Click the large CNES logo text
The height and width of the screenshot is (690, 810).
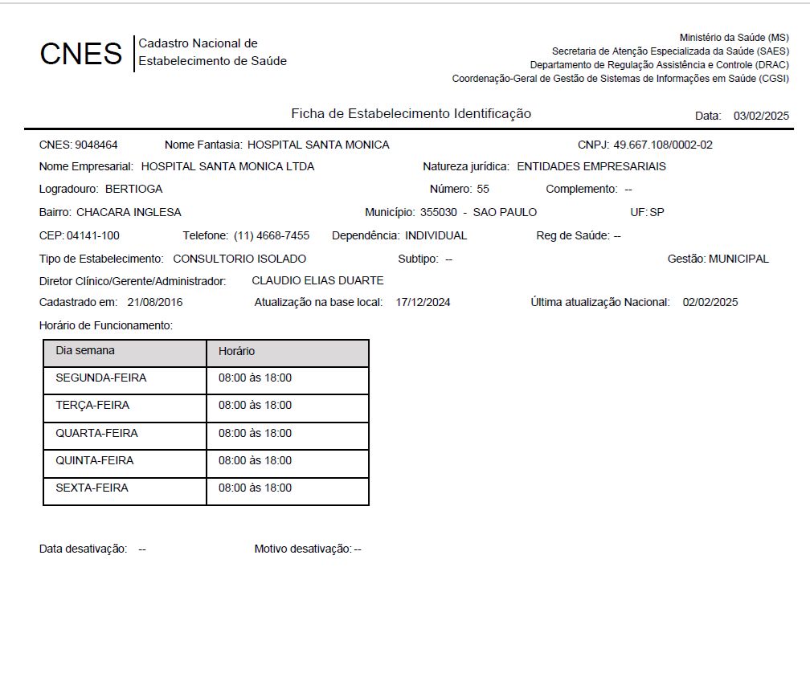click(80, 54)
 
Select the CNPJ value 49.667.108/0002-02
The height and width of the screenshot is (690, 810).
click(663, 145)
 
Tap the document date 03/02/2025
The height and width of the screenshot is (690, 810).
click(761, 116)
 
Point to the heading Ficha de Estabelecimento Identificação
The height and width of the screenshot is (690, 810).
click(411, 114)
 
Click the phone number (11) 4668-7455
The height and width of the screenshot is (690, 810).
click(272, 235)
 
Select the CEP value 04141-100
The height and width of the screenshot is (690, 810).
click(93, 235)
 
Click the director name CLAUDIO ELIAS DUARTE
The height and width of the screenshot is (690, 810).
click(317, 280)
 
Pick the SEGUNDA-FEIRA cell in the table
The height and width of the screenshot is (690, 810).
click(101, 378)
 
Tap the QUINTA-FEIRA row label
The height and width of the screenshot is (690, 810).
click(95, 460)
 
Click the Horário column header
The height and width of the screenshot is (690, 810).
click(236, 351)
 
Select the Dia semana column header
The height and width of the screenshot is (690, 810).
click(85, 351)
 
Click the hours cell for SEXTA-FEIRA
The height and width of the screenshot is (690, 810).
click(255, 488)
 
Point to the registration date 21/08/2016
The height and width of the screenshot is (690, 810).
click(154, 302)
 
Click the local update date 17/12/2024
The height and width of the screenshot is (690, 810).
click(423, 302)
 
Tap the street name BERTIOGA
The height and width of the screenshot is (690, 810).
click(133, 189)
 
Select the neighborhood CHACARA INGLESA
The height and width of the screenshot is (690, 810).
click(129, 212)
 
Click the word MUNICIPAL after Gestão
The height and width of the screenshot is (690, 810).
click(738, 259)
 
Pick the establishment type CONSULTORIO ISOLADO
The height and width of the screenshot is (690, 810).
click(239, 259)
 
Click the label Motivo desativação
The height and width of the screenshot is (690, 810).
click(303, 549)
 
